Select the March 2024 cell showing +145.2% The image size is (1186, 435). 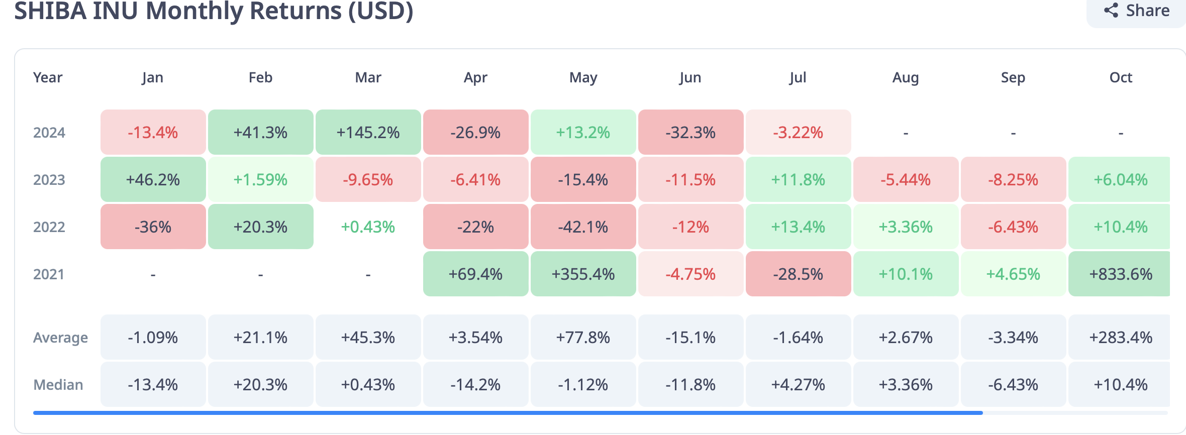pyautogui.click(x=368, y=132)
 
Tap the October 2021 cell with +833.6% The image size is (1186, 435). pyautogui.click(x=1120, y=274)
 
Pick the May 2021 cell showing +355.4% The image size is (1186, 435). pyautogui.click(x=583, y=274)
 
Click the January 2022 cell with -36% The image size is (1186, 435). pyautogui.click(x=153, y=227)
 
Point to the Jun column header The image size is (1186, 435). pyautogui.click(x=690, y=77)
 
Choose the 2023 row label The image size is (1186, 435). pyautogui.click(x=49, y=180)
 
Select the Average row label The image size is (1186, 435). pyautogui.click(x=60, y=338)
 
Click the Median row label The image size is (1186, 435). pyautogui.click(x=58, y=385)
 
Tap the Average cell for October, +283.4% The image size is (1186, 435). pyautogui.click(x=1120, y=337)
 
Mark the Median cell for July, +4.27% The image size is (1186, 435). pyautogui.click(x=798, y=384)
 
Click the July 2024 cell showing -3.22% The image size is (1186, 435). pyautogui.click(x=798, y=132)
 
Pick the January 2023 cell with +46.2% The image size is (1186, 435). pyautogui.click(x=153, y=179)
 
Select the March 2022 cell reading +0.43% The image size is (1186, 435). pyautogui.click(x=368, y=227)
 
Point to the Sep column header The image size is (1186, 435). pyautogui.click(x=1013, y=77)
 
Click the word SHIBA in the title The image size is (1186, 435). pyautogui.click(x=50, y=11)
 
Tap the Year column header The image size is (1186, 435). pyautogui.click(x=48, y=77)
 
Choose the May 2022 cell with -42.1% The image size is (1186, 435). pyautogui.click(x=583, y=227)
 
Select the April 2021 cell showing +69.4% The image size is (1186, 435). pyautogui.click(x=475, y=274)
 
